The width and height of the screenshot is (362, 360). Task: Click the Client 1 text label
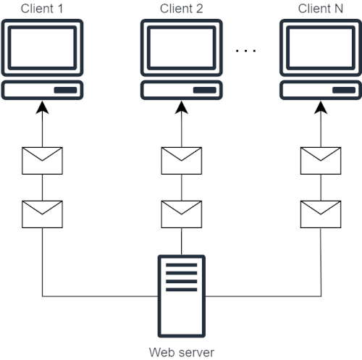pyautogui.click(x=42, y=9)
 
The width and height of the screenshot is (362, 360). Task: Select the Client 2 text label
pyautogui.click(x=181, y=9)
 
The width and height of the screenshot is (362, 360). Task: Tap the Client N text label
pyautogui.click(x=320, y=9)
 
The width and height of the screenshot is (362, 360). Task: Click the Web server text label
pyautogui.click(x=181, y=352)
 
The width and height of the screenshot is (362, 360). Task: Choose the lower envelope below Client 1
pyautogui.click(x=42, y=214)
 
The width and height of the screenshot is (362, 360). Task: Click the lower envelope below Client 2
pyautogui.click(x=181, y=214)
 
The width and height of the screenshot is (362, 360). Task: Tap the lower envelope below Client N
pyautogui.click(x=320, y=214)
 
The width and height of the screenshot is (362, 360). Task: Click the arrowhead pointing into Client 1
pyautogui.click(x=42, y=108)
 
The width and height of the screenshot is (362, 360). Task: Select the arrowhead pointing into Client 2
pyautogui.click(x=181, y=108)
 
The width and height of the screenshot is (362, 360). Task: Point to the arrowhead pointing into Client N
pyautogui.click(x=320, y=108)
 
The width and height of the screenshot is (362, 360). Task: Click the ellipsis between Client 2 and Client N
pyautogui.click(x=246, y=51)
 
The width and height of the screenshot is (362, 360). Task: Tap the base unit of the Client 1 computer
pyautogui.click(x=42, y=91)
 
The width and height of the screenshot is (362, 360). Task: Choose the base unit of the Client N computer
pyautogui.click(x=320, y=91)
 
